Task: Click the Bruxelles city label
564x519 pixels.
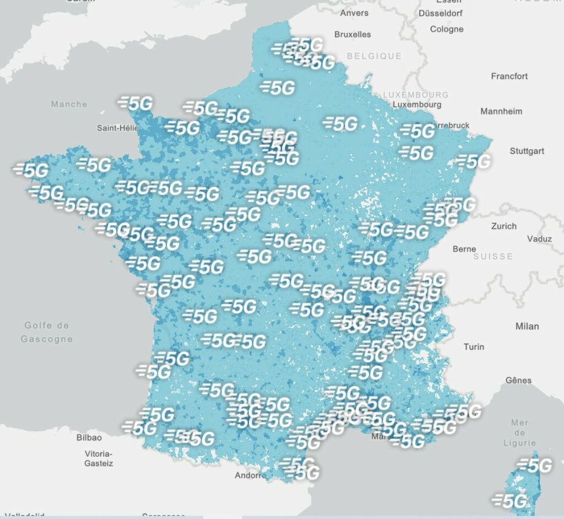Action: point(352,34)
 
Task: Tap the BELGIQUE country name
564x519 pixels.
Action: point(374,56)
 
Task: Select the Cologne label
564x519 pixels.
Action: point(447,29)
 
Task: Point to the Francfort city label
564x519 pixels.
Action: point(509,76)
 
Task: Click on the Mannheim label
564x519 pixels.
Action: point(501,111)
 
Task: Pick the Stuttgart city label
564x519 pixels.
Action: point(527,151)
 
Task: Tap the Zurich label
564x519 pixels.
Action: point(503,226)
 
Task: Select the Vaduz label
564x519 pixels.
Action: point(539,239)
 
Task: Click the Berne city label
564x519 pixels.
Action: point(464,249)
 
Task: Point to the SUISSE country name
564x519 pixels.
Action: point(493,256)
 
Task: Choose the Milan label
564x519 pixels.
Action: point(527,326)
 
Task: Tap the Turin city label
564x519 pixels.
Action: point(474,346)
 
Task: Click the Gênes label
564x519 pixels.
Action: point(518,380)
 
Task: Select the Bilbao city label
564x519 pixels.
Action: point(89,437)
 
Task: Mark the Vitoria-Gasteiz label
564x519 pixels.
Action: point(99,458)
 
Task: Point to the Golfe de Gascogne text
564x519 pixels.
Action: point(47,332)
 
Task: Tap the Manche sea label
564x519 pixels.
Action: point(69,104)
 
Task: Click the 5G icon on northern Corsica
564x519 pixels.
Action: point(534,466)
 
